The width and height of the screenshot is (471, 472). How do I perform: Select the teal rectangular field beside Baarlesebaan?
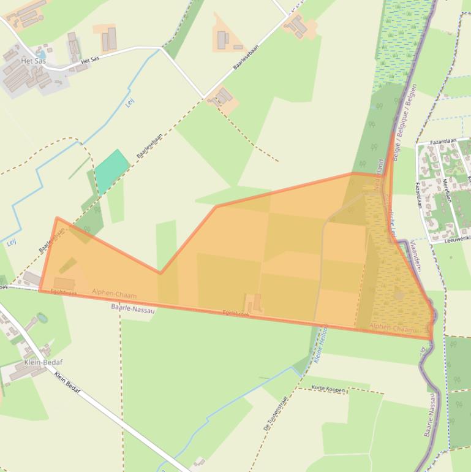click(111, 164)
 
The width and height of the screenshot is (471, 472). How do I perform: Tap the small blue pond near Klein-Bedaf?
click(41, 318)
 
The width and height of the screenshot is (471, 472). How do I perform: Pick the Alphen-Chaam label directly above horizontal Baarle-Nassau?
click(115, 295)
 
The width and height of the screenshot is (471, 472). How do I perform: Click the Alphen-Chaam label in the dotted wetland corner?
click(391, 328)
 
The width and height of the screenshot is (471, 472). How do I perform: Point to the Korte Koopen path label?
click(329, 389)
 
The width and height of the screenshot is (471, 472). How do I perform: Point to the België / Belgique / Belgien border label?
click(405, 123)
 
